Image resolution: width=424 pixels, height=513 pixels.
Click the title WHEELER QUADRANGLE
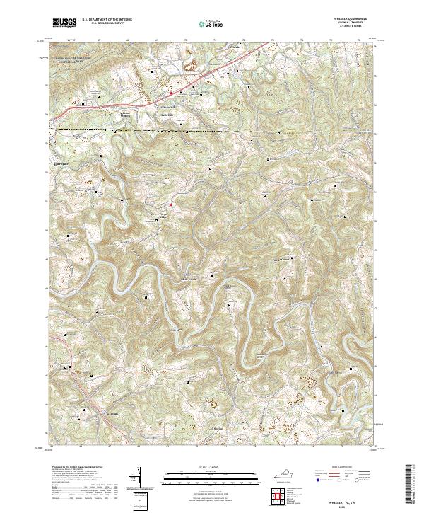(358, 19)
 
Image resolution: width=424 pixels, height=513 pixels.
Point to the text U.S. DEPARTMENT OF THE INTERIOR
(107, 20)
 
